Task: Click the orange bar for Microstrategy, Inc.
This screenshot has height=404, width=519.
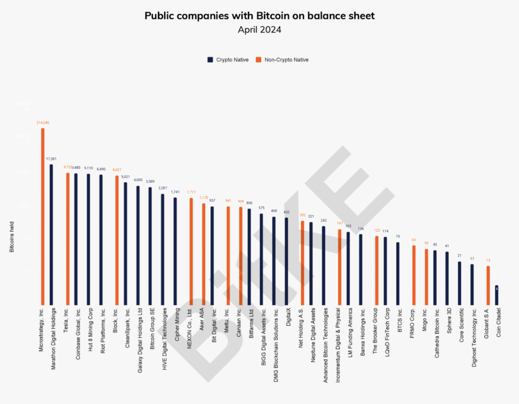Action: click(x=43, y=216)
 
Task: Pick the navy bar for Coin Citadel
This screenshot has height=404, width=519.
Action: click(x=496, y=295)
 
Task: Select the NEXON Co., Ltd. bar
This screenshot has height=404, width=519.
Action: click(x=191, y=251)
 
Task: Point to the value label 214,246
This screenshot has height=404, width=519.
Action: click(x=43, y=123)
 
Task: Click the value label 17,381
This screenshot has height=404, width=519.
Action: click(x=51, y=159)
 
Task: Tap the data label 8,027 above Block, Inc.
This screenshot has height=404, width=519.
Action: click(x=117, y=170)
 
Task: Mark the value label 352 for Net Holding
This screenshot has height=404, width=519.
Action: click(x=302, y=215)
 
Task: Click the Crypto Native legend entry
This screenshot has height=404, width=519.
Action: click(x=228, y=60)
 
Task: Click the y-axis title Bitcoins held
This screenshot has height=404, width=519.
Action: click(x=12, y=237)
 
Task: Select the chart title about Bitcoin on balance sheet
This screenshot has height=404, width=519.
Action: click(x=259, y=16)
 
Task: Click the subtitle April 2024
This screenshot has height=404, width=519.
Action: click(x=259, y=30)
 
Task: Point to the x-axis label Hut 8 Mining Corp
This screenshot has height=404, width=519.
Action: click(x=90, y=329)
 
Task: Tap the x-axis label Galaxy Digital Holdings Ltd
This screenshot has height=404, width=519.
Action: click(x=140, y=340)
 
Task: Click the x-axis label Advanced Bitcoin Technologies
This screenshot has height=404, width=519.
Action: click(x=325, y=345)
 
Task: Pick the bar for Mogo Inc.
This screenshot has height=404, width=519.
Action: click(x=426, y=277)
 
